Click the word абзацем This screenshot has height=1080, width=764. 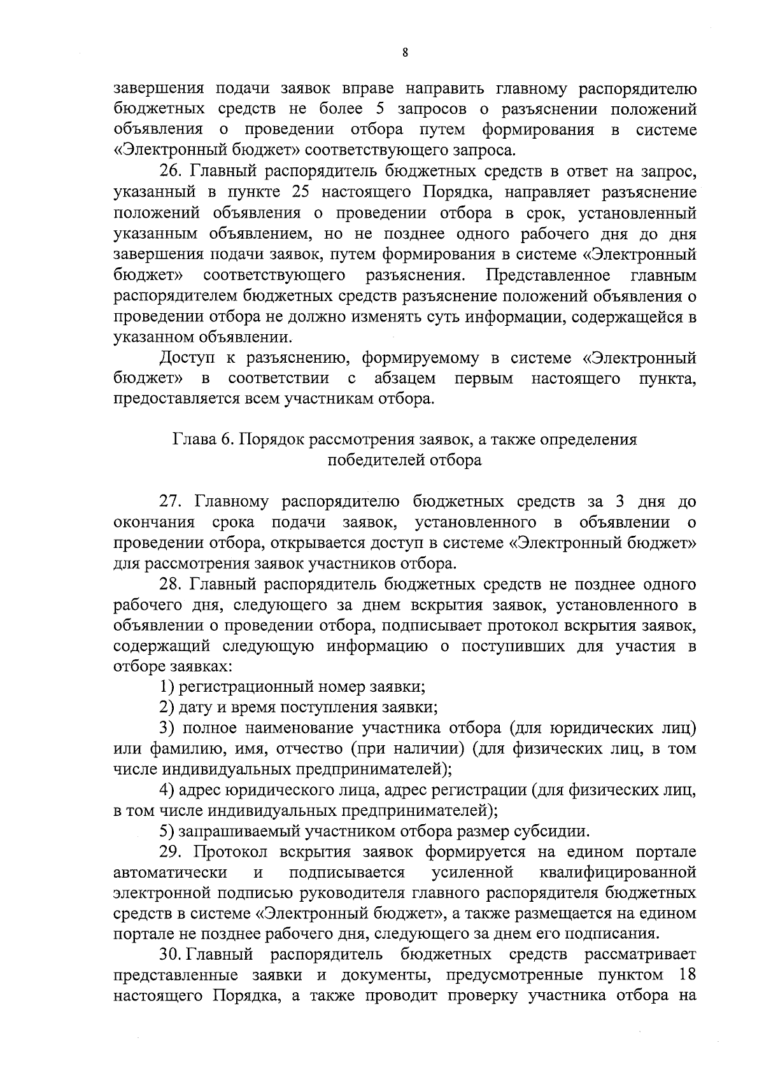coord(405,379)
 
